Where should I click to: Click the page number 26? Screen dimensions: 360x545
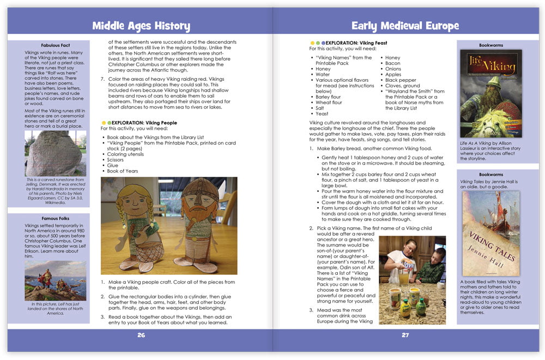141,335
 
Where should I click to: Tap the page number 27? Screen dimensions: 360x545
405,335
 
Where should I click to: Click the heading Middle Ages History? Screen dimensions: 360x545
141,26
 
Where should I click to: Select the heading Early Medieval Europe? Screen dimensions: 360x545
405,26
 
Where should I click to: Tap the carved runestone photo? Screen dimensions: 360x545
56,153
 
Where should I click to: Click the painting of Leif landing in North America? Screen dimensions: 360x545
56,280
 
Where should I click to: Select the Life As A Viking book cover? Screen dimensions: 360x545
491,93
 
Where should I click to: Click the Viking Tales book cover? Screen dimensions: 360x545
491,233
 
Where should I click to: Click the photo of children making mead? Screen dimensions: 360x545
412,280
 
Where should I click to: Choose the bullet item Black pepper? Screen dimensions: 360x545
401,80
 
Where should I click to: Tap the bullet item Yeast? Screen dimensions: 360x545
323,114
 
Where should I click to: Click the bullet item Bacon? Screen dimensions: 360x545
392,63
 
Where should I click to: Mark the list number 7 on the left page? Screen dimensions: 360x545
102,79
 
